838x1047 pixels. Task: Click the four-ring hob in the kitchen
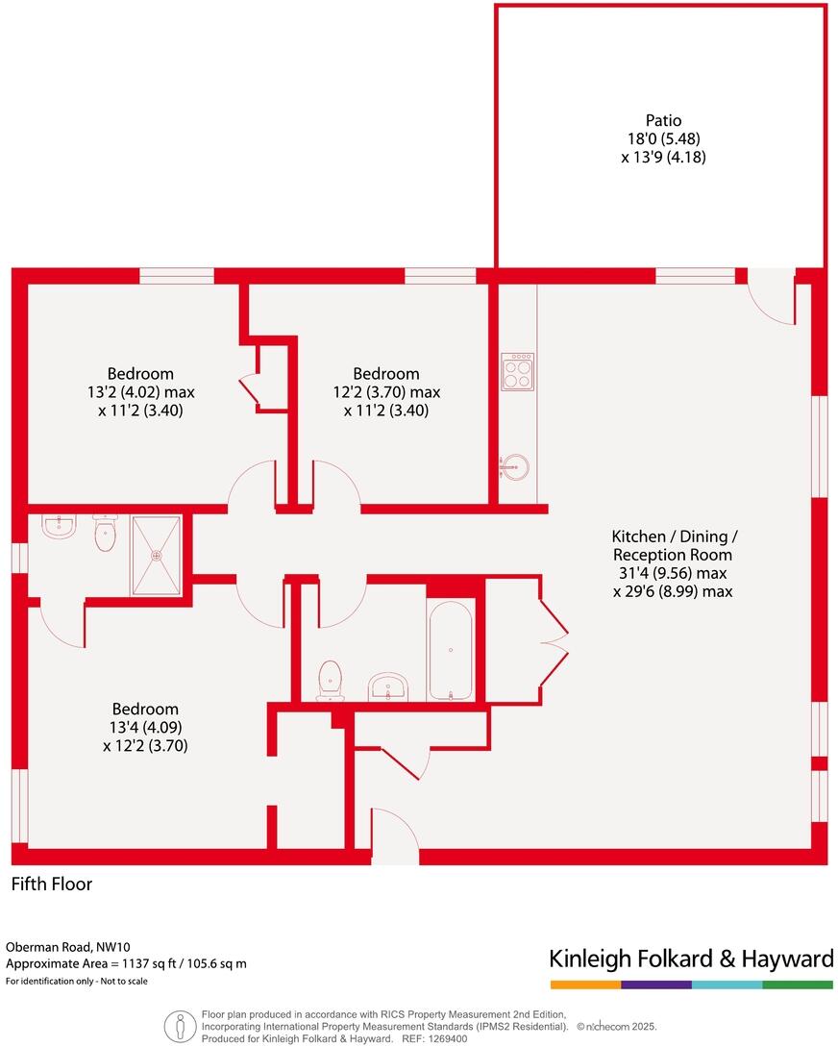(x=517, y=372)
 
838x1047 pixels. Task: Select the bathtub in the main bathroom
(x=450, y=651)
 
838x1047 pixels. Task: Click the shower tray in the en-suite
(x=156, y=555)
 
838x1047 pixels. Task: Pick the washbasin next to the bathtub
(x=388, y=686)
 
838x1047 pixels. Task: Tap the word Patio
(x=663, y=120)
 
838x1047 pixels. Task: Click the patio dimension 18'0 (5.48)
(x=663, y=138)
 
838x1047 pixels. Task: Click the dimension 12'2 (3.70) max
(x=385, y=392)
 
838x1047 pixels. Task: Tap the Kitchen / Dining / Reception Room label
(x=673, y=545)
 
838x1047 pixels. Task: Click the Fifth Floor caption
(x=52, y=884)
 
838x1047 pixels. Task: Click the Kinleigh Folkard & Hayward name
(x=690, y=959)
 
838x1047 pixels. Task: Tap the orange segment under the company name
(x=585, y=985)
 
